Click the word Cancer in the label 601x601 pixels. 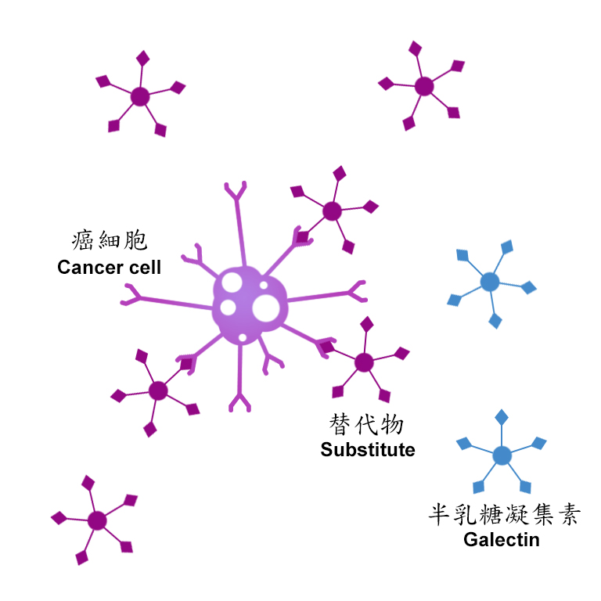click(x=91, y=267)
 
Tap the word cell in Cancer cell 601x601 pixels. click(x=145, y=267)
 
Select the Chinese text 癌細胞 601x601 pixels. click(x=110, y=240)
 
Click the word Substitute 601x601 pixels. click(x=368, y=450)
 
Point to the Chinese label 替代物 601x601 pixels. click(x=366, y=424)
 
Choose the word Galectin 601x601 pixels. click(x=502, y=540)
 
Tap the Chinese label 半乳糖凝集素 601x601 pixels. click(x=504, y=514)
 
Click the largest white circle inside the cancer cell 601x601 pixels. click(x=266, y=308)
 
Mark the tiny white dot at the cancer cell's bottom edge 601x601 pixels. click(x=243, y=338)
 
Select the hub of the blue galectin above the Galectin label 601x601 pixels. click(x=502, y=455)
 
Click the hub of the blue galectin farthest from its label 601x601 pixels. click(x=490, y=282)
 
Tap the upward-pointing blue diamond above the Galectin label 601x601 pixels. click(x=502, y=417)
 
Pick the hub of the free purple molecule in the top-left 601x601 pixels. click(x=140, y=96)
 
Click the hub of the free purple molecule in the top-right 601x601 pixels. click(x=424, y=86)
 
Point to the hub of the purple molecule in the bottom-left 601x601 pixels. click(x=97, y=520)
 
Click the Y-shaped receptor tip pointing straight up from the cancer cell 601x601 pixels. click(x=236, y=190)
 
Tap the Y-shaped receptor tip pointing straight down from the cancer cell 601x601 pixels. click(x=239, y=402)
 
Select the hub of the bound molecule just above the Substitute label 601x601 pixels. click(x=364, y=362)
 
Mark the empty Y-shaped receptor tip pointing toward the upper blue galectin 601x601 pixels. click(x=357, y=292)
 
